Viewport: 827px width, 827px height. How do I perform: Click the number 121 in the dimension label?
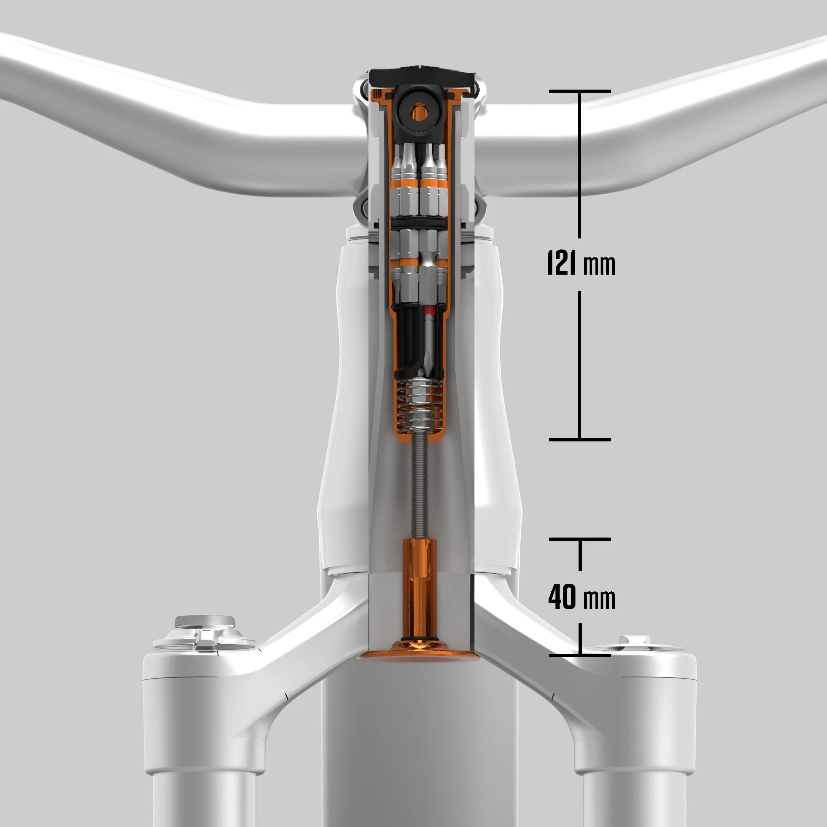pos(562,262)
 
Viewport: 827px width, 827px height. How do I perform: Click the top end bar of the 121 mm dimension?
pos(580,91)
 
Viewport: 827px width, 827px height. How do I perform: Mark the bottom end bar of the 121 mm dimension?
pos(580,440)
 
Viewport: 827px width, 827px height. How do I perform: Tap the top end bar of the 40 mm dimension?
pos(580,539)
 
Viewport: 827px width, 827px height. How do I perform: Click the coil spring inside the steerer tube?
pos(419,405)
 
